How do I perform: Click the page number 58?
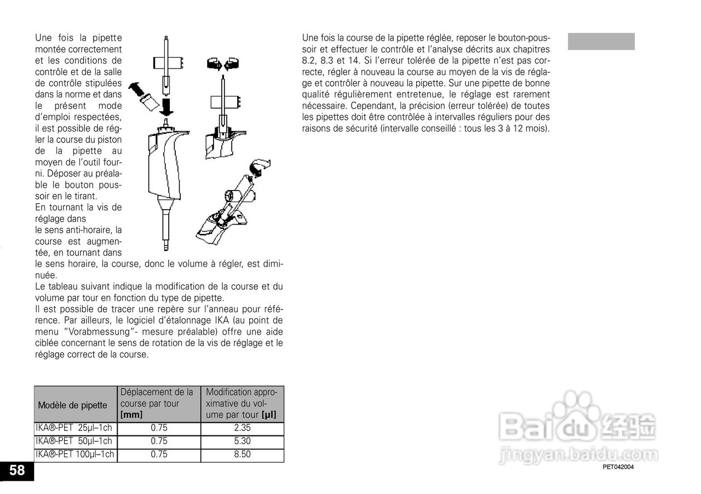coord(16,470)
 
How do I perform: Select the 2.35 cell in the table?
coord(242,428)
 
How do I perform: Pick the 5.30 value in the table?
coord(242,441)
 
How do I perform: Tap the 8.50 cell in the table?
coord(242,455)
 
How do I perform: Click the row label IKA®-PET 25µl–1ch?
coord(74,428)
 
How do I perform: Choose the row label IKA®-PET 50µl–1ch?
coord(74,441)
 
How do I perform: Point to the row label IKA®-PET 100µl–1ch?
coord(75,455)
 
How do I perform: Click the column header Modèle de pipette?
coord(73,405)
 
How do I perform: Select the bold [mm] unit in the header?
coord(131,415)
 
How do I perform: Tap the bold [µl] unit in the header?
coord(268,415)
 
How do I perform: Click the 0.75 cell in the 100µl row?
coord(159,455)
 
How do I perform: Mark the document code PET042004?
coord(618,467)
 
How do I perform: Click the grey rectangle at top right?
coord(601,42)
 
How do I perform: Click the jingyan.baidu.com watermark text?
coord(578,455)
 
